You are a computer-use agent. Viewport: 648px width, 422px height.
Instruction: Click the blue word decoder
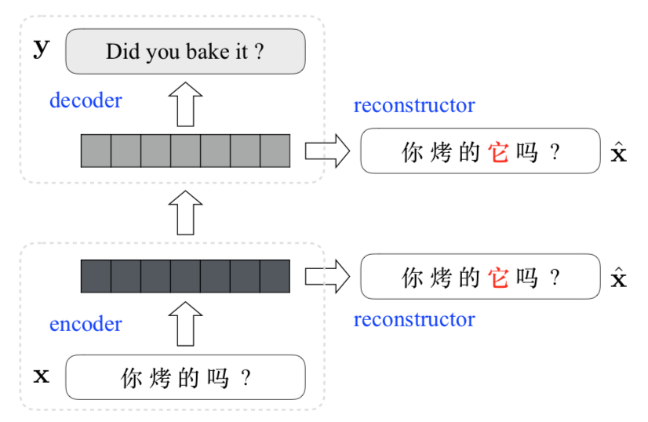coord(86,100)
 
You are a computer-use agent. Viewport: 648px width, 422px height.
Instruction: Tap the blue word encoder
coord(86,324)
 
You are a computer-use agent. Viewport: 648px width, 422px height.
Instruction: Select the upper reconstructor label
coord(414,105)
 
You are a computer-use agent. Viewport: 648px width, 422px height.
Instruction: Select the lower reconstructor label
coord(414,319)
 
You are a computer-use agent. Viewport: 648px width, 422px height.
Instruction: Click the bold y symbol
coord(42,49)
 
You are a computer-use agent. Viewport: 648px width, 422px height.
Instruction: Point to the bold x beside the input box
coord(42,377)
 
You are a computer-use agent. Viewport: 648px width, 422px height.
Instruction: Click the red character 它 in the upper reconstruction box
coord(498,151)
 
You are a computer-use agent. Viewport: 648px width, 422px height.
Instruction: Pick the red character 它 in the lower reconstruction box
coord(498,278)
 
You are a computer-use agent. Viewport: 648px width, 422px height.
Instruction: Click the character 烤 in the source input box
coord(160,378)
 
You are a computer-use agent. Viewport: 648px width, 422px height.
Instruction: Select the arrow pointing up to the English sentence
coord(186,104)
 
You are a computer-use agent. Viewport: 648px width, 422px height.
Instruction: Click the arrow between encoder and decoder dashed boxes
coord(186,213)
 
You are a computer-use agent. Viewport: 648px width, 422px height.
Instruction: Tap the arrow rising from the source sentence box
coord(186,324)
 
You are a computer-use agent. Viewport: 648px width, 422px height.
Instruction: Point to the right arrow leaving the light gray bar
coord(328,151)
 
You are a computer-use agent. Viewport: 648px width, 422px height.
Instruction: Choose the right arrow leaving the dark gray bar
coord(328,277)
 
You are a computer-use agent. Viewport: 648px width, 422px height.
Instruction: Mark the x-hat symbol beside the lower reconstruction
coord(619,278)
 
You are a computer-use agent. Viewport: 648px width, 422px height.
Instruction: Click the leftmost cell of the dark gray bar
coord(96,277)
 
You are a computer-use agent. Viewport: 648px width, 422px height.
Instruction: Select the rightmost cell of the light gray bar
coord(275,151)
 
